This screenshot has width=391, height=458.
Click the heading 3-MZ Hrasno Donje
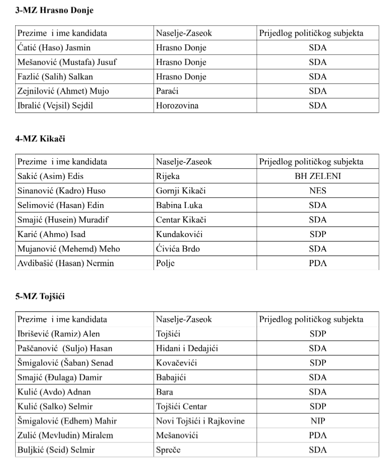(54, 11)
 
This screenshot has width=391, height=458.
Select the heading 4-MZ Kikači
(41, 138)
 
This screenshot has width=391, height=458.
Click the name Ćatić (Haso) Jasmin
(54, 48)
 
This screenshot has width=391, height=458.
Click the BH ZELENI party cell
(318, 176)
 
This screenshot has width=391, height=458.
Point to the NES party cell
(318, 191)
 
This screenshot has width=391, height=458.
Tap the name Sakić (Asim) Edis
(50, 176)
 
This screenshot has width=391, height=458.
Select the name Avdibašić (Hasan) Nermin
(66, 263)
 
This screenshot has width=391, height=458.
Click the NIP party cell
(318, 421)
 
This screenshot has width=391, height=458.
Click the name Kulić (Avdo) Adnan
(54, 392)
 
